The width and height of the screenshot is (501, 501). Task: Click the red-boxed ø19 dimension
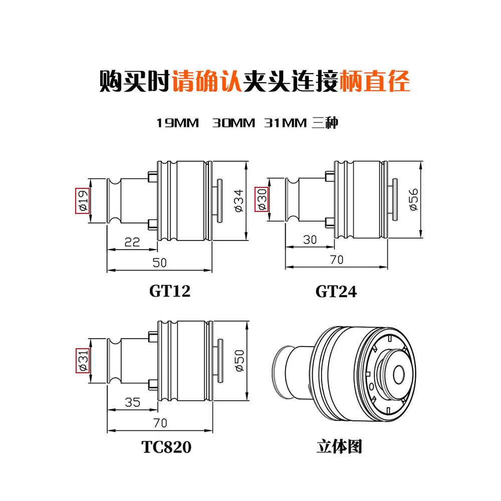point(82,201)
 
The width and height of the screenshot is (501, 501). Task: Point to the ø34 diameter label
point(239,200)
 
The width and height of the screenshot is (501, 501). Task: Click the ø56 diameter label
point(414,200)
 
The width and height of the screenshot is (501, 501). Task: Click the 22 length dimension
point(132,242)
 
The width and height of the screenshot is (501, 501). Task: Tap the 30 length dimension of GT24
point(310,239)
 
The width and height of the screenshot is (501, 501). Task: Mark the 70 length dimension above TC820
point(159,423)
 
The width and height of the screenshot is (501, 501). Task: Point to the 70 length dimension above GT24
point(336,260)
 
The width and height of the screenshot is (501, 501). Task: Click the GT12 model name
point(170,291)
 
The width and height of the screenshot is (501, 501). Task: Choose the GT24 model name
point(336,291)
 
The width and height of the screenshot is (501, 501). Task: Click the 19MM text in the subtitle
point(177,123)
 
